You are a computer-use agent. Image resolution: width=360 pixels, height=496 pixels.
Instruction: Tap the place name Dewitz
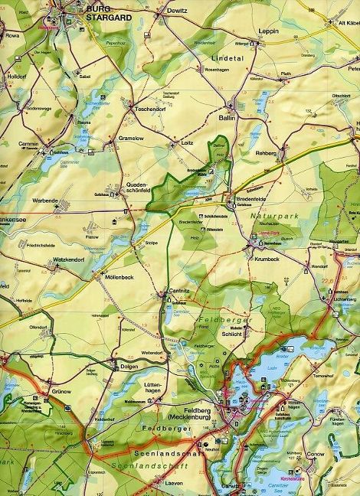(x=176, y=11)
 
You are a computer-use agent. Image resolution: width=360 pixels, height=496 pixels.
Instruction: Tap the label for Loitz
(x=188, y=142)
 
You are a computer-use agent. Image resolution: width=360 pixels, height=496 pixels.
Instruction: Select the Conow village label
(x=336, y=452)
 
